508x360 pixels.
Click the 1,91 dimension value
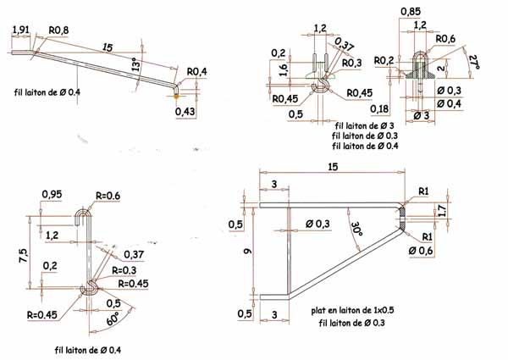(22, 30)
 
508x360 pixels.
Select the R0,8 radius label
(58, 30)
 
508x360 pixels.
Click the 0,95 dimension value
(52, 194)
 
